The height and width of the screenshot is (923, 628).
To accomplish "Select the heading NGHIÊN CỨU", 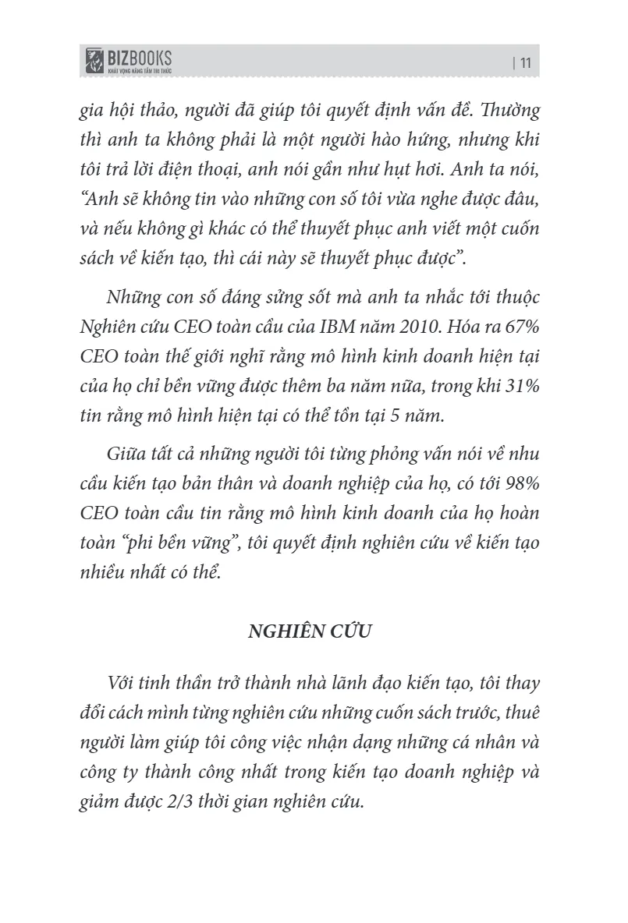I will click(310, 631).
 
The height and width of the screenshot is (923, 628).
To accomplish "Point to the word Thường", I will click(509, 110).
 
